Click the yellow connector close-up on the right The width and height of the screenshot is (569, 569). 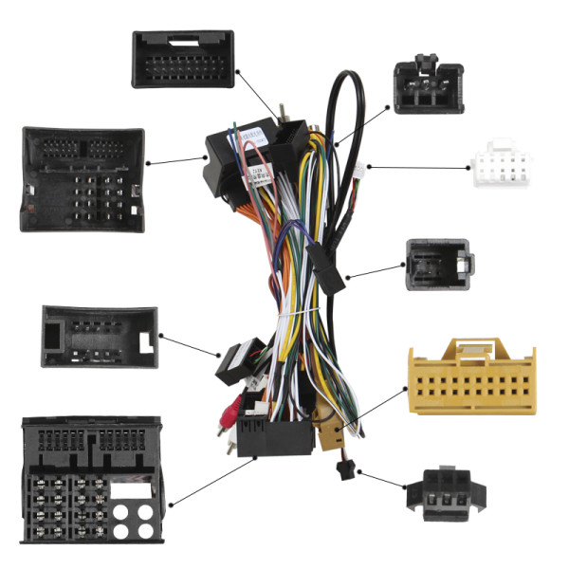[470, 376]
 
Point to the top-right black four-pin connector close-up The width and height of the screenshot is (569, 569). [428, 86]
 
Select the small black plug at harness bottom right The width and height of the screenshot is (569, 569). [340, 468]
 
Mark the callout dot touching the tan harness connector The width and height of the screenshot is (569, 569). [337, 431]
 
